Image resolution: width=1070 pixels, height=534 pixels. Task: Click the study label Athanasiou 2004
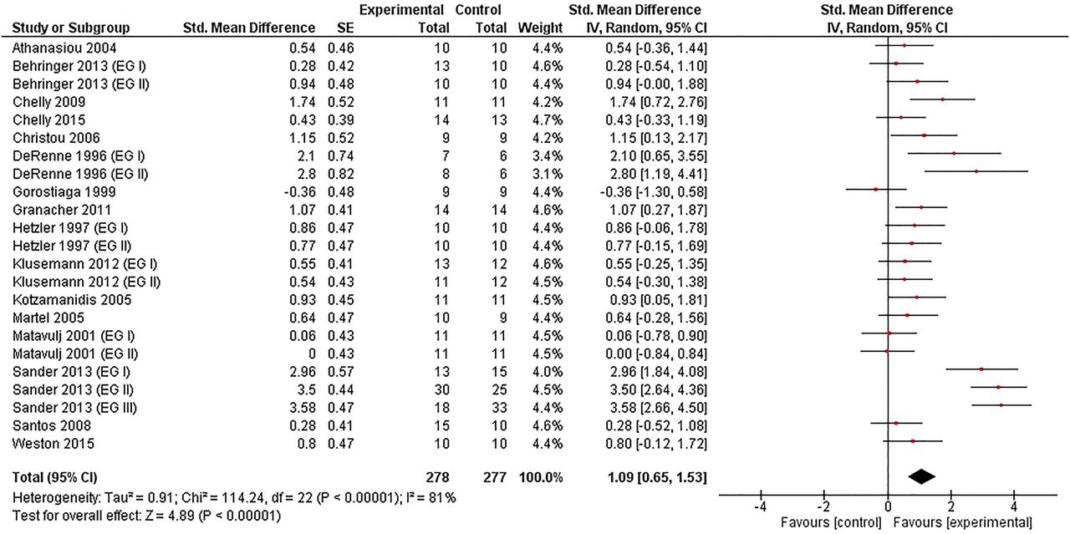(64, 48)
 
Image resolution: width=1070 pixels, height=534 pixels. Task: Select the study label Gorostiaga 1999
(64, 192)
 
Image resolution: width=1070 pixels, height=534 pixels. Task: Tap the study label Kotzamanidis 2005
(72, 300)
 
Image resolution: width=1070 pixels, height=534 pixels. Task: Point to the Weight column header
(540, 28)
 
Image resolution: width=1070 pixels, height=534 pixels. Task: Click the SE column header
(345, 28)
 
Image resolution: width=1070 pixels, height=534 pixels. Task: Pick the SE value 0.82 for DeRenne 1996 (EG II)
(340, 174)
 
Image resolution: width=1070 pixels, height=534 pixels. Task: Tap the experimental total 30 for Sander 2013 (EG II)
(442, 389)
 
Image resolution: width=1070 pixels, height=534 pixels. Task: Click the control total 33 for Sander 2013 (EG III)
(499, 408)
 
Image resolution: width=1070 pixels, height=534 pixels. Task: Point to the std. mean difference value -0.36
(299, 192)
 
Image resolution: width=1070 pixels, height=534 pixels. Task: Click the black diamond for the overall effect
(922, 476)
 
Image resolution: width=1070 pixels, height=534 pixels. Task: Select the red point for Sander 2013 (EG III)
(1001, 405)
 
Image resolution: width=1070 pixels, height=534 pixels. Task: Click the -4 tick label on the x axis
(761, 506)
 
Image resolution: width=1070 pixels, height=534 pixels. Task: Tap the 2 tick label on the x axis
(951, 506)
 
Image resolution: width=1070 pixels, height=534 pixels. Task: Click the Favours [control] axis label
(831, 522)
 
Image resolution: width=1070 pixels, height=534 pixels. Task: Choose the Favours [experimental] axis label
(962, 522)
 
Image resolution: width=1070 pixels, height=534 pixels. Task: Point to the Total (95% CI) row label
(55, 477)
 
